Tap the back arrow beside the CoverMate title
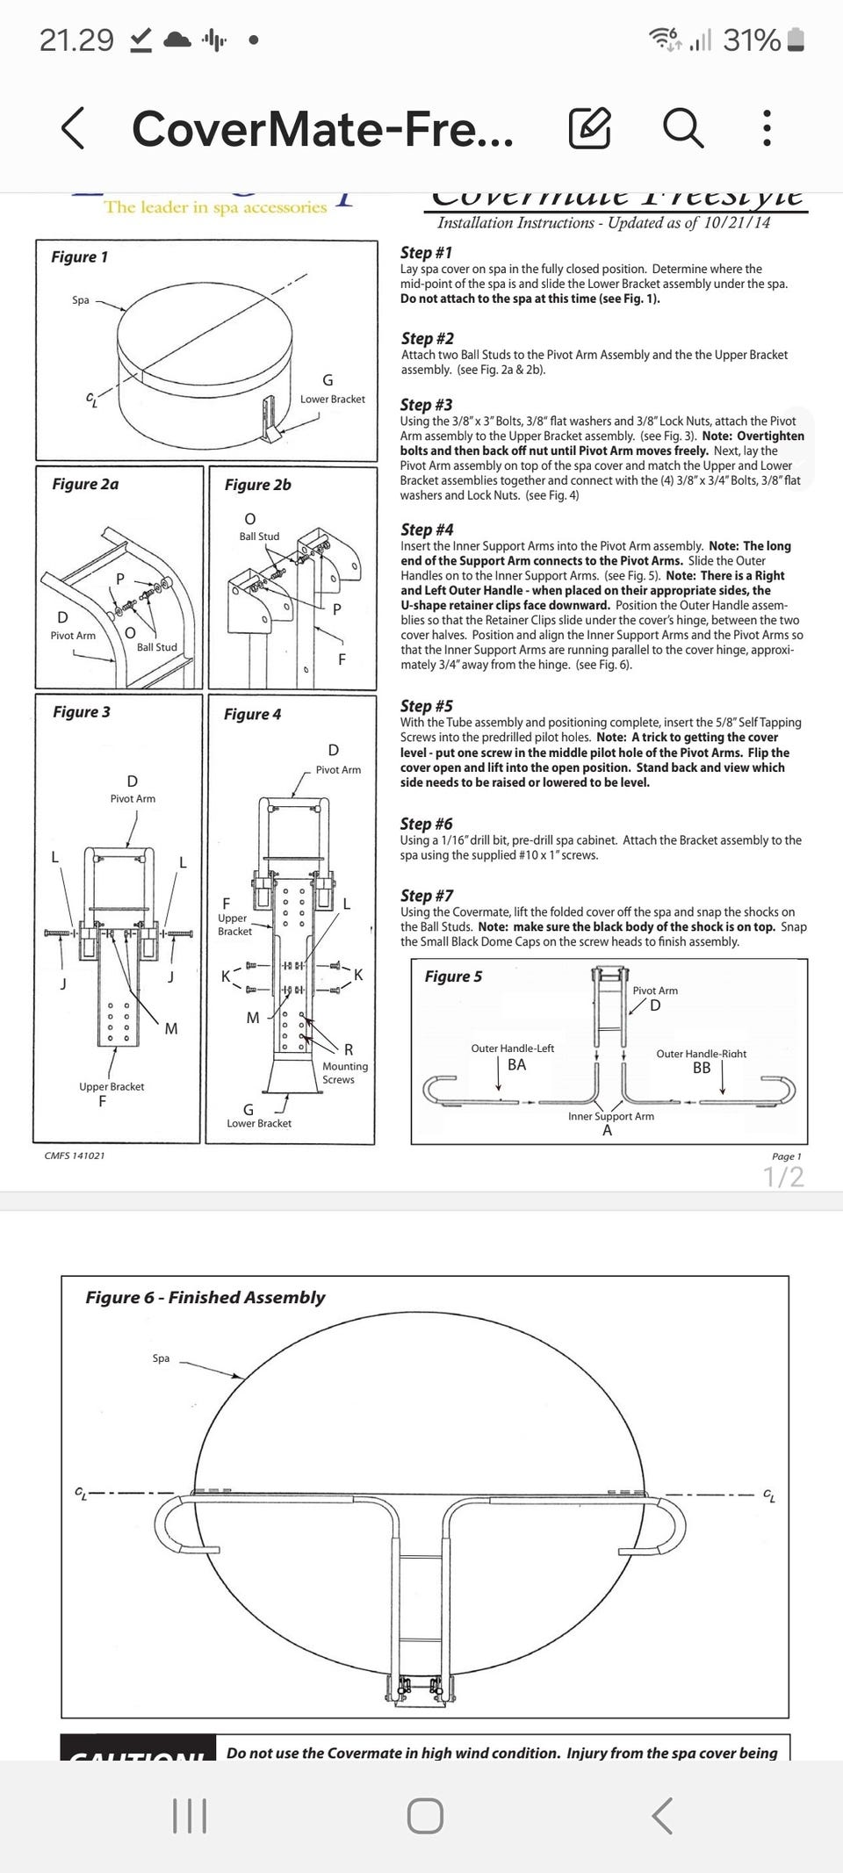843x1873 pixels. [74, 128]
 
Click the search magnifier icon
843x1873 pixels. [682, 128]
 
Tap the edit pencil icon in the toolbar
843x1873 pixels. [590, 128]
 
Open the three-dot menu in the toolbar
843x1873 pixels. [767, 128]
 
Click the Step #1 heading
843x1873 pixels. [426, 253]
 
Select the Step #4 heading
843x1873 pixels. [427, 529]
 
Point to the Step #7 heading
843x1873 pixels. [427, 896]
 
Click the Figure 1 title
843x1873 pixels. [79, 256]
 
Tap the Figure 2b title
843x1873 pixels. [257, 485]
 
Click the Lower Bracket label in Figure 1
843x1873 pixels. [332, 399]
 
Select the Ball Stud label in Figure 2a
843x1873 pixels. [156, 647]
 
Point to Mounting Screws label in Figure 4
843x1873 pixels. [344, 1072]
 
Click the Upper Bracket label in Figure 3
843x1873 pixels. [112, 1086]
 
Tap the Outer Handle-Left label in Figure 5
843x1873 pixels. [513, 1048]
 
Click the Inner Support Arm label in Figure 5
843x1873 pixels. [610, 1116]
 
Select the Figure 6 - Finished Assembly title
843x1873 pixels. [205, 1297]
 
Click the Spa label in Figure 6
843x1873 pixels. [161, 1358]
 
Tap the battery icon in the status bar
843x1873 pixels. [796, 40]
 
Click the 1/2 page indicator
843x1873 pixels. [783, 1177]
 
